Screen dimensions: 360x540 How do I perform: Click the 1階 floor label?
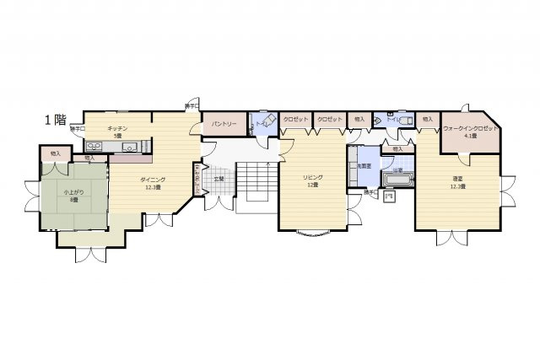(56, 120)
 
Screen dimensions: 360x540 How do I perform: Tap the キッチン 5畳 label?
(116, 132)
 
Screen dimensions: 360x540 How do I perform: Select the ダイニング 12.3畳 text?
(153, 183)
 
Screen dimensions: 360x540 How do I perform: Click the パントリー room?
(224, 124)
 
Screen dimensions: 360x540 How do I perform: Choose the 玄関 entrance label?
(219, 179)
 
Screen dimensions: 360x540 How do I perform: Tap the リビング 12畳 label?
(311, 180)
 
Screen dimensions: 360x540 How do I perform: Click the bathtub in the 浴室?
(397, 180)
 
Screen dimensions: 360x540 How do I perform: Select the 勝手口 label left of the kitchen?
(77, 129)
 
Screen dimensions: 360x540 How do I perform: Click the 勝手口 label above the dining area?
(192, 106)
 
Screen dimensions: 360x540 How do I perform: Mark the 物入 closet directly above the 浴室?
(397, 148)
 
